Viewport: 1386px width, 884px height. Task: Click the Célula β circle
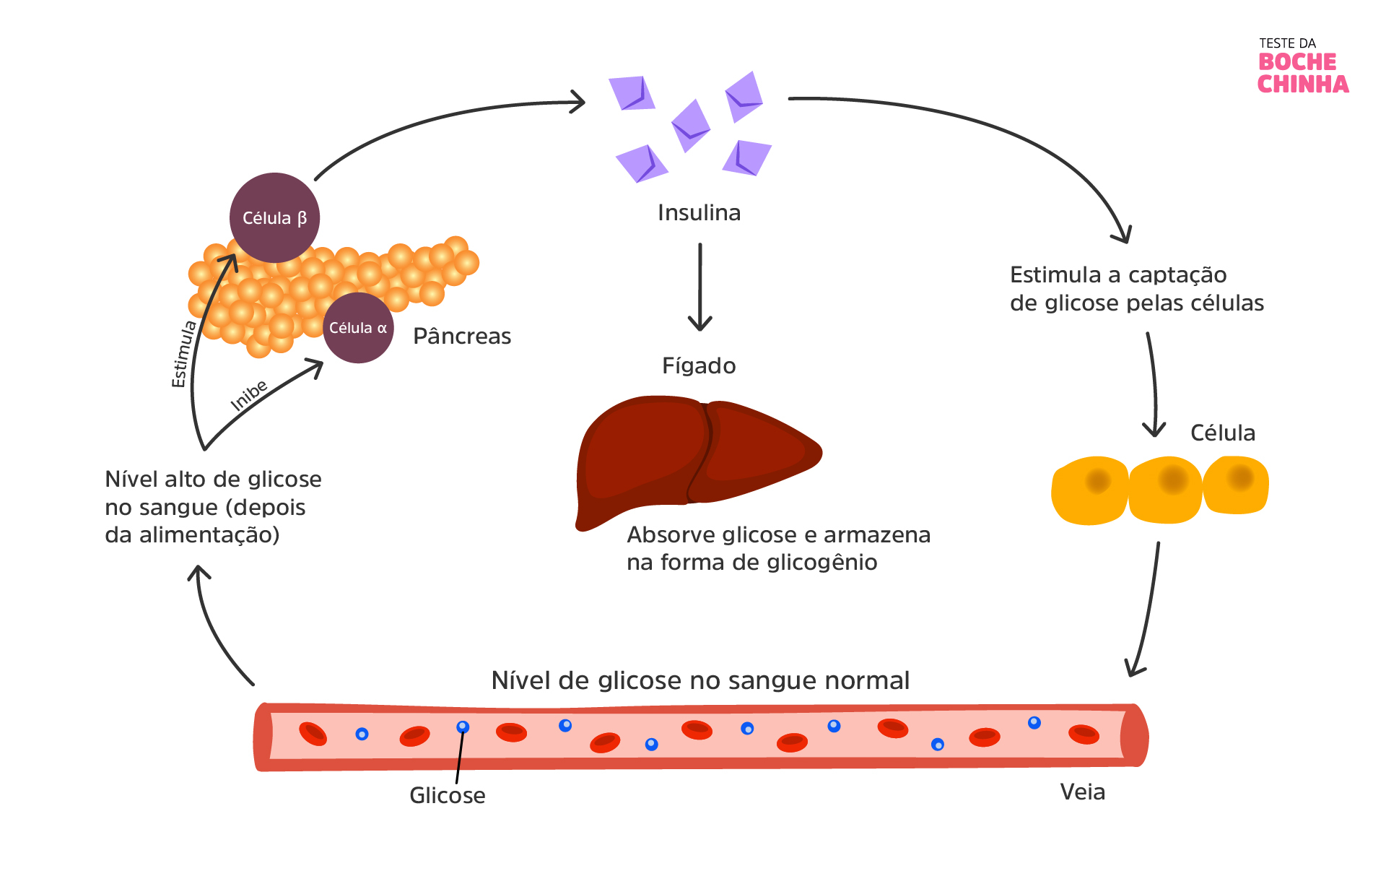pyautogui.click(x=274, y=217)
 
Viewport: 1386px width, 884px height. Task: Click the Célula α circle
pyautogui.click(x=358, y=328)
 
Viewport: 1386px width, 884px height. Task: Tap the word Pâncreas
pyautogui.click(x=462, y=337)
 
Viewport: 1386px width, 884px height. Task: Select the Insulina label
pyautogui.click(x=699, y=213)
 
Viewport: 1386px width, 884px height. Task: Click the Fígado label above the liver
pyautogui.click(x=699, y=366)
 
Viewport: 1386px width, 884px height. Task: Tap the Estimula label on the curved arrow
pyautogui.click(x=184, y=354)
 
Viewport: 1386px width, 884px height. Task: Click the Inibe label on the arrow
pyautogui.click(x=249, y=395)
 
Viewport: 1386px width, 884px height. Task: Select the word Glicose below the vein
pyautogui.click(x=447, y=795)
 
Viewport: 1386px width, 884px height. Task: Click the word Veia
pyautogui.click(x=1082, y=792)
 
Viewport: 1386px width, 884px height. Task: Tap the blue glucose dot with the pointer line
pyautogui.click(x=463, y=727)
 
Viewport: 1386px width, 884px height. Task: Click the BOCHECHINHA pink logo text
pyautogui.click(x=1302, y=73)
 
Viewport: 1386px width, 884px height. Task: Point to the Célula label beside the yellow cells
pyautogui.click(x=1222, y=433)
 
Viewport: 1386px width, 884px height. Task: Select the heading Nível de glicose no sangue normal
pyautogui.click(x=699, y=680)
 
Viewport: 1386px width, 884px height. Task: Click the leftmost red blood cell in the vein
pyautogui.click(x=313, y=734)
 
